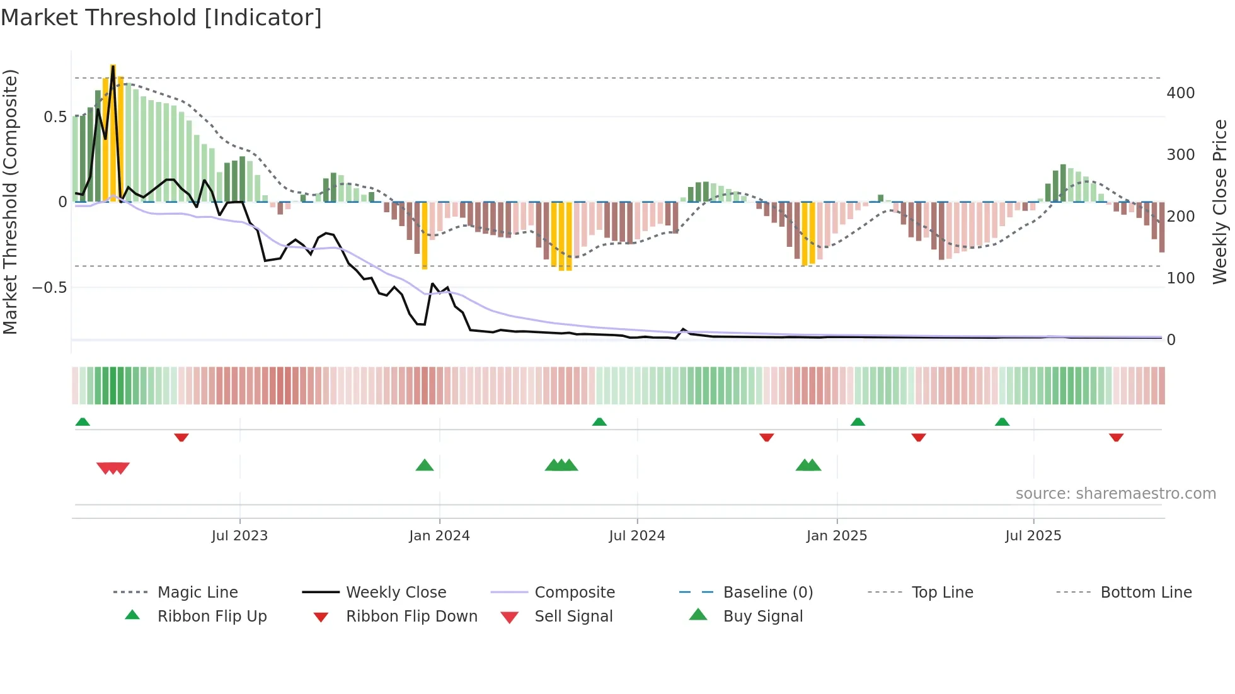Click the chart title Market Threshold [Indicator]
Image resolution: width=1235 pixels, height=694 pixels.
point(161,18)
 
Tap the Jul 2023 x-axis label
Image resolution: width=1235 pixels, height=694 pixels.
point(239,535)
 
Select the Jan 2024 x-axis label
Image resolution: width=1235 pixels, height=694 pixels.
point(439,535)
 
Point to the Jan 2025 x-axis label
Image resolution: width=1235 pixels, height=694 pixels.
point(836,535)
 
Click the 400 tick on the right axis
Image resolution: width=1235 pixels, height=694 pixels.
point(1180,93)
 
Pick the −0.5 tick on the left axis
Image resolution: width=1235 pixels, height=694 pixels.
point(49,288)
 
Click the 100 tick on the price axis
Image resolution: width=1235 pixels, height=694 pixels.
point(1180,278)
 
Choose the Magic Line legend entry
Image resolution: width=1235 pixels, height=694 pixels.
point(197,592)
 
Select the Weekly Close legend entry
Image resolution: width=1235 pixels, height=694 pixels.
point(396,592)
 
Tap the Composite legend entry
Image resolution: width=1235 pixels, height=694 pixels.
point(574,592)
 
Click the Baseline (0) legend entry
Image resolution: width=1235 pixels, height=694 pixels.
point(767,592)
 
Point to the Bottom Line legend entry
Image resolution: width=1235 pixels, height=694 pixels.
point(1146,592)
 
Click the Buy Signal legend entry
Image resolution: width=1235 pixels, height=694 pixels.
point(762,616)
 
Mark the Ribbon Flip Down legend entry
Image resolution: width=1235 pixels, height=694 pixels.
point(411,616)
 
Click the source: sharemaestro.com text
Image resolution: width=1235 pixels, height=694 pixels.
point(1115,493)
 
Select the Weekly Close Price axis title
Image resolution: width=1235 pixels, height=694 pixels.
point(1220,202)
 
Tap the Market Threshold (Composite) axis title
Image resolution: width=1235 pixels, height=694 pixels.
point(10,202)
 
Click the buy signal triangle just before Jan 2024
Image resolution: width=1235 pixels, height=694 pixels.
point(425,465)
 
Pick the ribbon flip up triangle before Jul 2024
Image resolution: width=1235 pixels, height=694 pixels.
point(599,421)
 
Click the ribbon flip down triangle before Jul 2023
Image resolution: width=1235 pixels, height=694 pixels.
point(181,437)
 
